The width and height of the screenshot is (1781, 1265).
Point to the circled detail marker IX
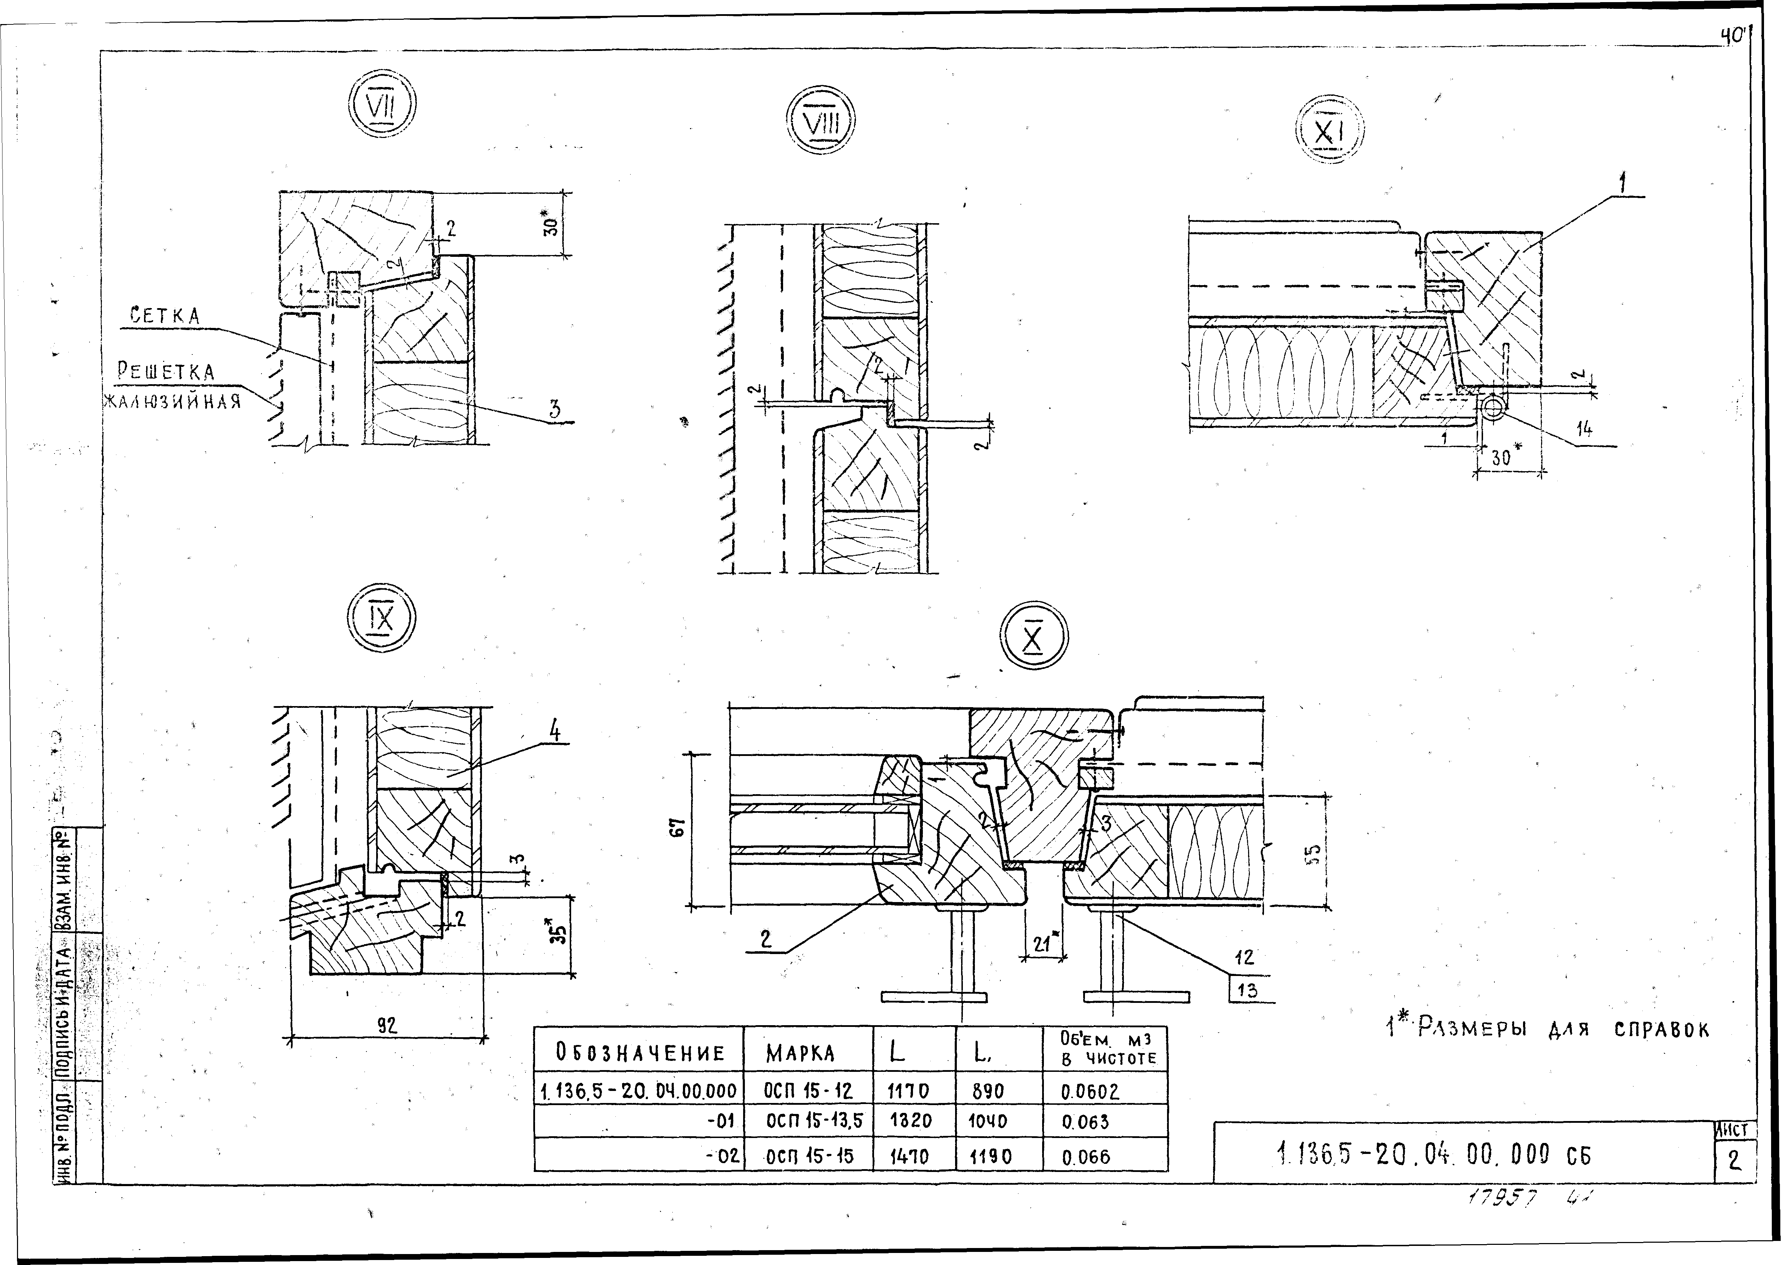381,621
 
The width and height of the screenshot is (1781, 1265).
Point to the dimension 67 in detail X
679,829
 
